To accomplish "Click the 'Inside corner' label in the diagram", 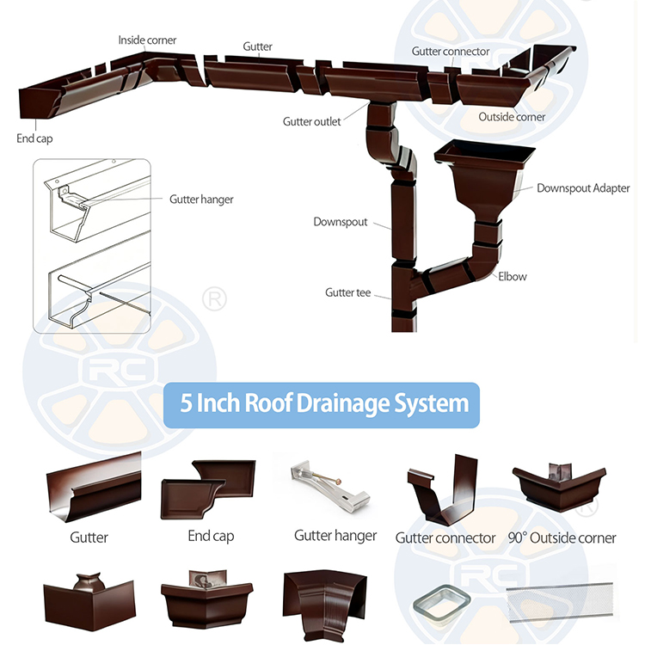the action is point(147,40).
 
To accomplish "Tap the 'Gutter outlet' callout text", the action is point(311,121).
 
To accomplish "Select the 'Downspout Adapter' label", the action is point(583,188).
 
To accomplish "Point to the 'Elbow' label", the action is point(513,276).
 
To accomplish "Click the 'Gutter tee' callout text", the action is point(347,292).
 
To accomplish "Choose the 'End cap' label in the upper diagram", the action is point(34,138).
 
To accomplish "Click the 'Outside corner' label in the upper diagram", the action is point(512,117).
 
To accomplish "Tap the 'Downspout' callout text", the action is point(341,222).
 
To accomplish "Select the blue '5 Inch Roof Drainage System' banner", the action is point(322,405).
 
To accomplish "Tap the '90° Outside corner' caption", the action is point(562,537).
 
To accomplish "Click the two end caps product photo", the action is point(208,489).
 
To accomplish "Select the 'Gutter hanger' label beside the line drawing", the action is point(201,200).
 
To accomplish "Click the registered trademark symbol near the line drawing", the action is point(214,299).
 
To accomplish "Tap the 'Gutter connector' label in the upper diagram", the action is point(451,52).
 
